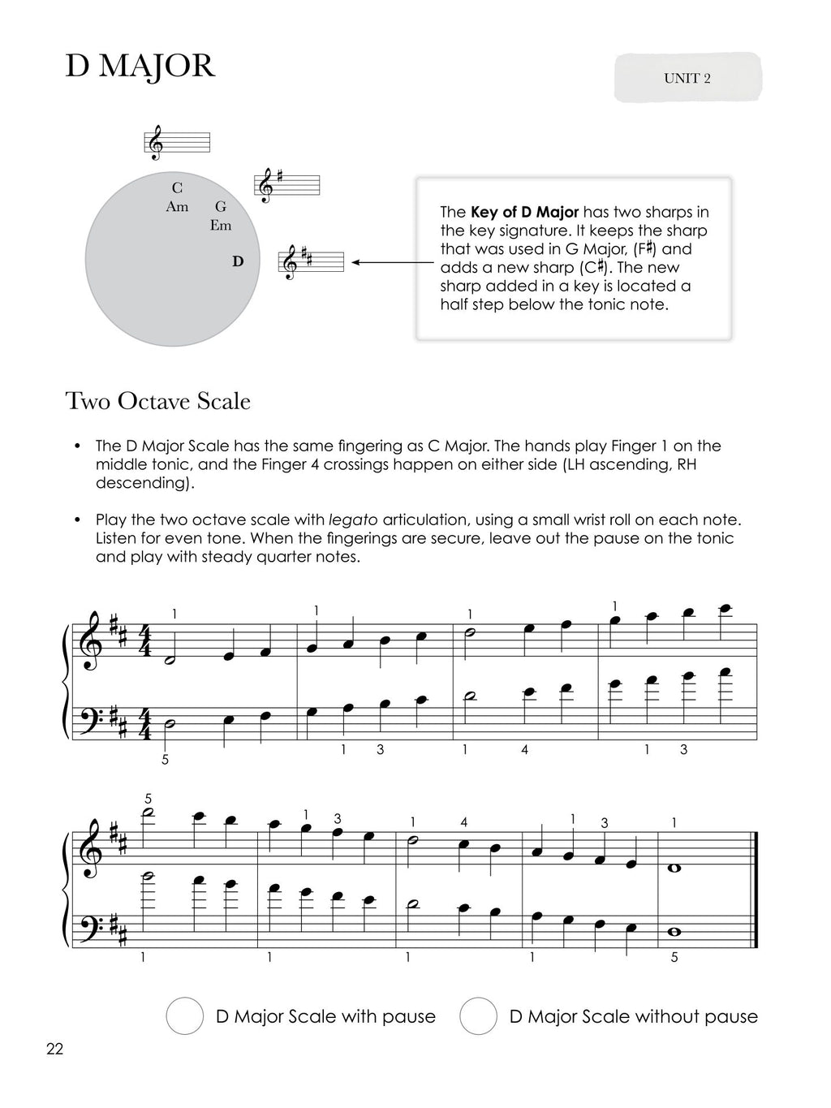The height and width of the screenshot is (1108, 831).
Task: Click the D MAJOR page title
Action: point(140,67)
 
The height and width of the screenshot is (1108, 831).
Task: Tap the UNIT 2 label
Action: point(687,79)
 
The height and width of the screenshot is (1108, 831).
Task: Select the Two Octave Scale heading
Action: point(158,401)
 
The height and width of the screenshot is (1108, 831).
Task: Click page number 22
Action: point(54,1049)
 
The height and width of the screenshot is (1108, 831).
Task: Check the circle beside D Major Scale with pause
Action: point(184,1016)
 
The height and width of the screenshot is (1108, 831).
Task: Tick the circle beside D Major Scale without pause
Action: point(478,1016)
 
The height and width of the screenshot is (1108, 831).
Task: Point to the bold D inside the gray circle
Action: point(237,261)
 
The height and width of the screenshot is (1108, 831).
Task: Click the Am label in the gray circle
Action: point(177,207)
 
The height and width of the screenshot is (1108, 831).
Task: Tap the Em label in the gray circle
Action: point(221,226)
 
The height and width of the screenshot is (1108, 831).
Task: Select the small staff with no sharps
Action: point(178,142)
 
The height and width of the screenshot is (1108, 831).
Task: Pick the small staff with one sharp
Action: point(288,186)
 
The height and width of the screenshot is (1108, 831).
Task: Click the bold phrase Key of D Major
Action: point(524,213)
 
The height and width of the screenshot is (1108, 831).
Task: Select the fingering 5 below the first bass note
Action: point(166,761)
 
